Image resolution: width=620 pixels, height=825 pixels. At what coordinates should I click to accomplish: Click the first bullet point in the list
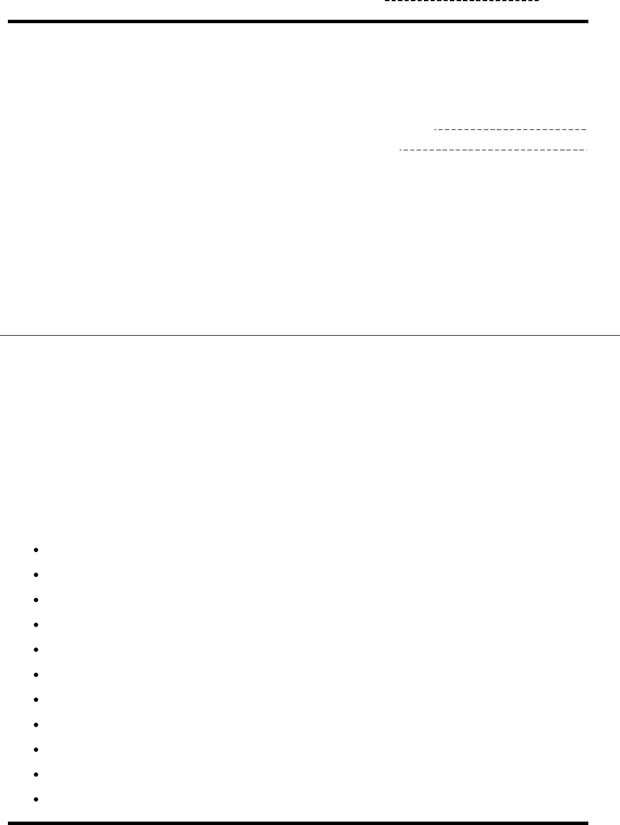coord(36,550)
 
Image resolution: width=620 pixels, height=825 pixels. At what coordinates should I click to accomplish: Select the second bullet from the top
coord(36,575)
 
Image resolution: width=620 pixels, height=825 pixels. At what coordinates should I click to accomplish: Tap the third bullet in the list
coord(36,600)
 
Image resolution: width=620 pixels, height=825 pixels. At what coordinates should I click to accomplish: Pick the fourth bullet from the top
coord(36,624)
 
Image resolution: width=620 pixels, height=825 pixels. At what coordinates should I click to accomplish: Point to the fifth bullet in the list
coord(36,650)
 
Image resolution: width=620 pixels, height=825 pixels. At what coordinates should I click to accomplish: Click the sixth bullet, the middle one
coord(36,675)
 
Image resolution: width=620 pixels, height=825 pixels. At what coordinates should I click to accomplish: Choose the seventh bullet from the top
coord(36,700)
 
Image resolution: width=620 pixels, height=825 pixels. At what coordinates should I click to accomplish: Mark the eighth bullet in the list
coord(36,724)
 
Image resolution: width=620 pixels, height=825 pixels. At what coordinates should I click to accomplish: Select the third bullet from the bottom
coord(36,749)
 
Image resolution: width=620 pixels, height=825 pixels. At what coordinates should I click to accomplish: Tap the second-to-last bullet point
coord(36,775)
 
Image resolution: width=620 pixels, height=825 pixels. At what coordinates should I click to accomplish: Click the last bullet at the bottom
coord(36,800)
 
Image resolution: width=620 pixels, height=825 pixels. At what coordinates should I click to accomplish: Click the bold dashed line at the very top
coord(462,2)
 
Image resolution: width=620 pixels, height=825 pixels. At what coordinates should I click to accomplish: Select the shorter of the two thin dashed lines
coord(511,130)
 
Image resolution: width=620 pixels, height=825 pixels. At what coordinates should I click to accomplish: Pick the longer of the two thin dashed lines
coord(493,150)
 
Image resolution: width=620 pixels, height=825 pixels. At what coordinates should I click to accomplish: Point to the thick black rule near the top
coord(298,21)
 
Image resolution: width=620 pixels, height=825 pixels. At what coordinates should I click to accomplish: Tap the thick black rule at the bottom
coord(298,823)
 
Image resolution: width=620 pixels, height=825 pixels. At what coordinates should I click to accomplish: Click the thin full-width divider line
coord(310,336)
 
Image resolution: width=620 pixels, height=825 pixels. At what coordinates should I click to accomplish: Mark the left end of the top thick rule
coord(10,21)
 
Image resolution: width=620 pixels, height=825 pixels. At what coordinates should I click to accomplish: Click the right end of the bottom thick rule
coord(586,823)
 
